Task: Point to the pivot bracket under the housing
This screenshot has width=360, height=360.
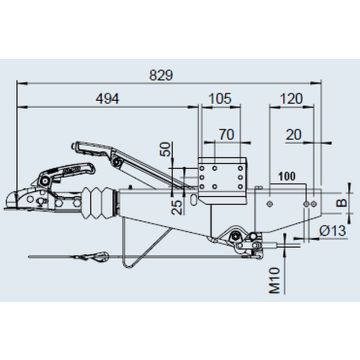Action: click(236, 237)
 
